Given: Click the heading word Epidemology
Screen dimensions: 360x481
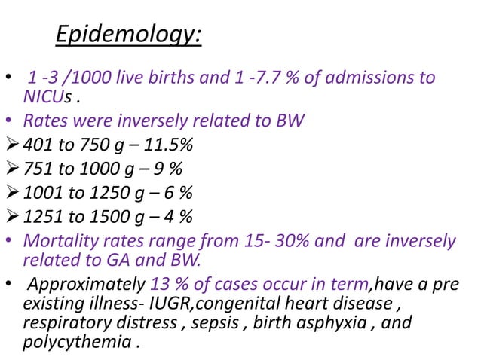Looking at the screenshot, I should click(x=129, y=35).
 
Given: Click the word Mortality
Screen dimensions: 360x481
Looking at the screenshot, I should click(x=57, y=241).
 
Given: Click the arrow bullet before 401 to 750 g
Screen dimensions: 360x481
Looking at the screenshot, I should click(x=12, y=145).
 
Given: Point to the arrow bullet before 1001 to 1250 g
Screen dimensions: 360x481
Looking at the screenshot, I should click(x=12, y=193).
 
